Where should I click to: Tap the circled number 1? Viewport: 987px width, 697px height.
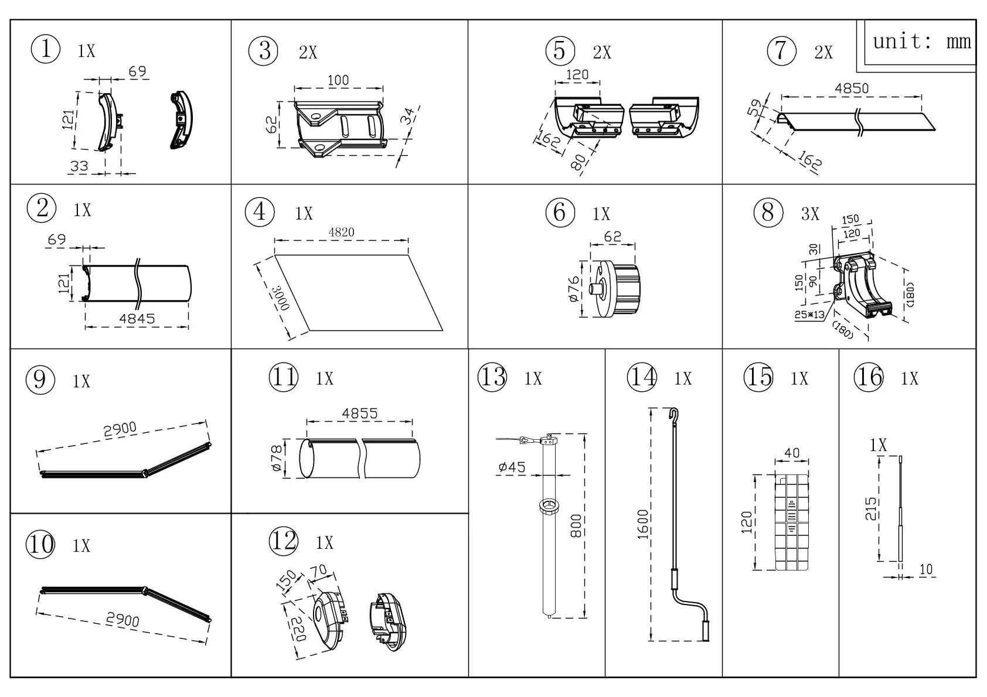point(45,49)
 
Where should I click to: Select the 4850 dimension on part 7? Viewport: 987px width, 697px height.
point(851,88)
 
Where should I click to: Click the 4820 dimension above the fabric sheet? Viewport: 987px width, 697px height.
point(341,233)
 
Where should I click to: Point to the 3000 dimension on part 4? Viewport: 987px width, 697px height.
point(281,298)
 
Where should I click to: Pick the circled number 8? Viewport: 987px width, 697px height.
point(768,212)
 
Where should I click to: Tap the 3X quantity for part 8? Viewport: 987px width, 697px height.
point(810,214)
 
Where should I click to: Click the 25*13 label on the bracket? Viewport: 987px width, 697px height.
point(809,315)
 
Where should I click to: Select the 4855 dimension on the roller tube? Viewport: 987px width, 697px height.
point(359,413)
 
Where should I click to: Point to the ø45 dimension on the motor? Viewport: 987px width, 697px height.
point(512,467)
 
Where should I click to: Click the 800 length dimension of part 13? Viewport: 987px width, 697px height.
point(576,527)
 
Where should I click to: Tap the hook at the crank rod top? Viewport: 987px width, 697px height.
point(675,414)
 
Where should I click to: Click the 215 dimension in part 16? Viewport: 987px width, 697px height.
point(871,510)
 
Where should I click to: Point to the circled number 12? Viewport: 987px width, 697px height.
point(284,541)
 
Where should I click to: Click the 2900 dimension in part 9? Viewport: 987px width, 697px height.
point(120,430)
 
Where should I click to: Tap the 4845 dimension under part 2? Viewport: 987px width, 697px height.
point(137,319)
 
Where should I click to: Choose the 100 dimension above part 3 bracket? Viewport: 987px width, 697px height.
point(338,80)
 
